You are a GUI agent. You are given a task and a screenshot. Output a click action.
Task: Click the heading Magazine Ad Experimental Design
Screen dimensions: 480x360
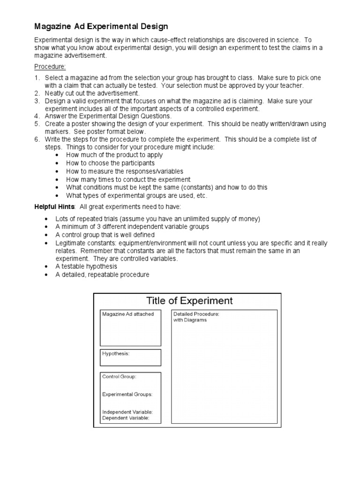click(101, 27)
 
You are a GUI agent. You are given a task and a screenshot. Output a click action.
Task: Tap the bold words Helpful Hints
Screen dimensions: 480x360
click(54, 207)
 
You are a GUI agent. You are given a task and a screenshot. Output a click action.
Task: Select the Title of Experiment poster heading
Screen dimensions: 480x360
click(189, 301)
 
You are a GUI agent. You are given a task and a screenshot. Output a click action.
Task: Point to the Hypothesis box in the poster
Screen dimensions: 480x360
click(130, 357)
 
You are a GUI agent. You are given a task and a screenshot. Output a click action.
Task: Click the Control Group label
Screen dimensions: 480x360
click(120, 376)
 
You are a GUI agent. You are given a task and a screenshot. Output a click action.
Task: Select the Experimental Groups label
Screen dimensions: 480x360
click(127, 395)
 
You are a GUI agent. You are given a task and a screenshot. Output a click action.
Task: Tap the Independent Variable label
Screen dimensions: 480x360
click(127, 412)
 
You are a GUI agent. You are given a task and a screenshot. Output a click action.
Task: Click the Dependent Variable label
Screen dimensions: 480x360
click(126, 418)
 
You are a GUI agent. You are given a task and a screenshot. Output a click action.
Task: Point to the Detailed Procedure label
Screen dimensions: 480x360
click(196, 314)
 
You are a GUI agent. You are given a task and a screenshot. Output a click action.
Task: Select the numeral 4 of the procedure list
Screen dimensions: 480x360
click(37, 116)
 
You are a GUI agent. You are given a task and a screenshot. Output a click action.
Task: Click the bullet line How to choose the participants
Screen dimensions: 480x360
click(110, 163)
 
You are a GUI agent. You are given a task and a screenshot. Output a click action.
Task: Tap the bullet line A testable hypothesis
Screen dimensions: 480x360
click(86, 266)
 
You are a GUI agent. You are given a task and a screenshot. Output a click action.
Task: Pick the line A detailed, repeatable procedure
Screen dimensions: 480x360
click(102, 275)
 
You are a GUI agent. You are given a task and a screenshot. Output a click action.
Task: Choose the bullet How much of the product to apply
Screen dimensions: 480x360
click(114, 155)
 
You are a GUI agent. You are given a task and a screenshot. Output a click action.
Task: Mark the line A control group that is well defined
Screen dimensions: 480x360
click(105, 235)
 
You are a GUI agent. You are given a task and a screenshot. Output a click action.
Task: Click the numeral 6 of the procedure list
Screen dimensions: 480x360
click(37, 139)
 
